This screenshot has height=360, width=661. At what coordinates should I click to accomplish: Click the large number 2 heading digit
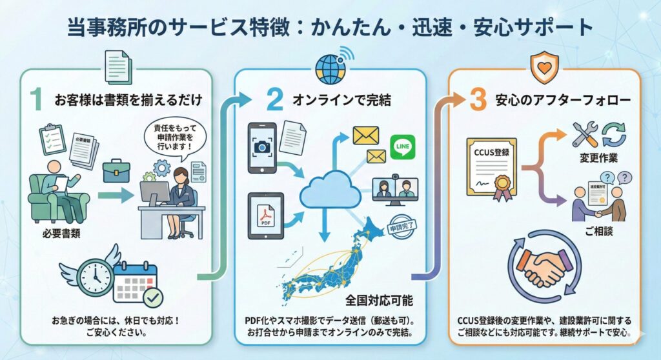point(275,100)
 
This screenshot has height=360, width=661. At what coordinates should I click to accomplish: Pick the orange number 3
point(478,100)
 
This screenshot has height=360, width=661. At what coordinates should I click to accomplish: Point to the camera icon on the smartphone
point(261,147)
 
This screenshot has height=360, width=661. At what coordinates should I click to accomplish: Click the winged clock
point(94,275)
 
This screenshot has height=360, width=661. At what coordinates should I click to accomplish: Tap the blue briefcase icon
point(116,172)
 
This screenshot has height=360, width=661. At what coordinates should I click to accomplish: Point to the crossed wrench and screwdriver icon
point(585,134)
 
